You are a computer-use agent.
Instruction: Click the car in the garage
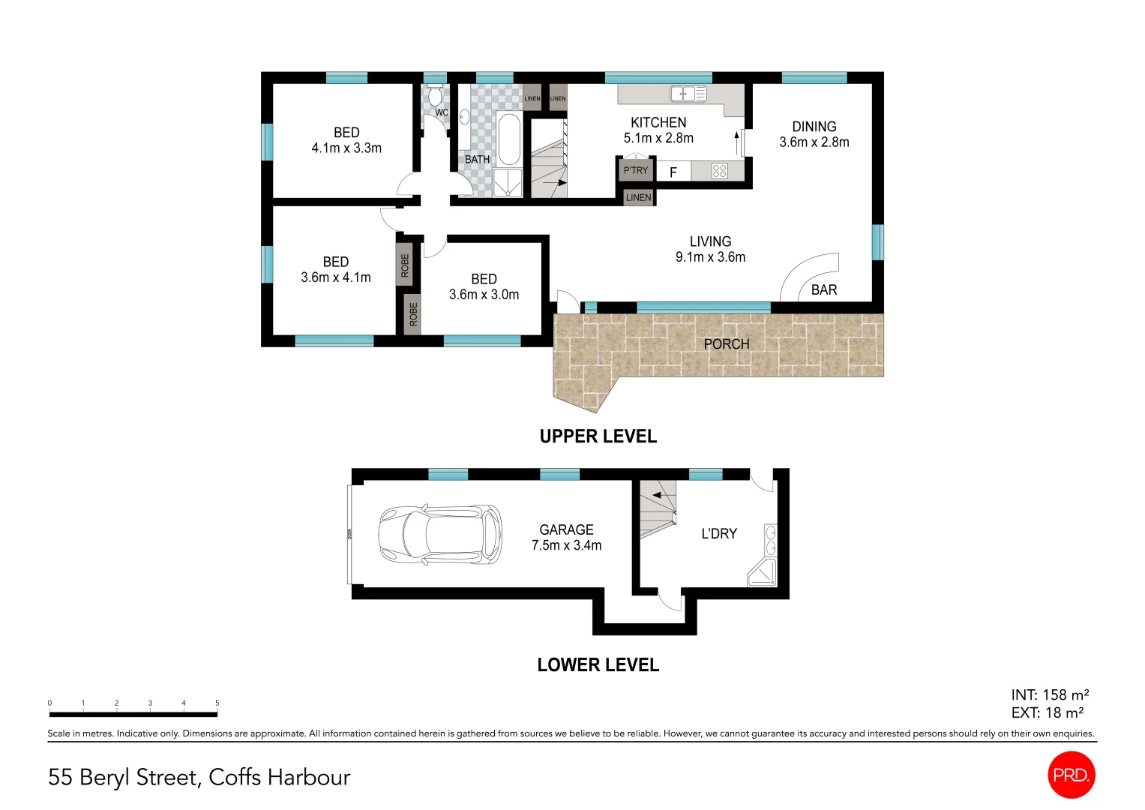pyautogui.click(x=439, y=535)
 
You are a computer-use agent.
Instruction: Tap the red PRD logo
pyautogui.click(x=1071, y=775)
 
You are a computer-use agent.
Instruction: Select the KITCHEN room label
pyautogui.click(x=658, y=122)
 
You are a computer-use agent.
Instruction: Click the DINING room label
pyautogui.click(x=814, y=127)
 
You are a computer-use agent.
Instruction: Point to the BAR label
pyautogui.click(x=823, y=290)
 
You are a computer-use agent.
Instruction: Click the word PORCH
pyautogui.click(x=726, y=344)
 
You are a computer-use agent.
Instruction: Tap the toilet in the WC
pyautogui.click(x=435, y=97)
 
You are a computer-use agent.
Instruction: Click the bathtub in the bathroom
pyautogui.click(x=508, y=139)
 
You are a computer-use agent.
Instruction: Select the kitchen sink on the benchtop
pyautogui.click(x=688, y=94)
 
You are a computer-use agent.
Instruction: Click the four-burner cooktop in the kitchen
pyautogui.click(x=719, y=171)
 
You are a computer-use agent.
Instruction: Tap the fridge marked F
pyautogui.click(x=673, y=172)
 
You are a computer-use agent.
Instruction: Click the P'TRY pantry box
pyautogui.click(x=635, y=170)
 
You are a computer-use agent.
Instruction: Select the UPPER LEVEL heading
pyautogui.click(x=598, y=436)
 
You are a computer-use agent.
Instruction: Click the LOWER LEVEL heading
pyautogui.click(x=598, y=665)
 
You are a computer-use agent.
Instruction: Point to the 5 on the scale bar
pyautogui.click(x=217, y=703)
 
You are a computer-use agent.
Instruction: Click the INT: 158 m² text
pyautogui.click(x=1049, y=695)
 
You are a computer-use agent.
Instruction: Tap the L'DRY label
pyautogui.click(x=718, y=534)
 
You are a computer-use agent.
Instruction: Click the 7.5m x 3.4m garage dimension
pyautogui.click(x=566, y=546)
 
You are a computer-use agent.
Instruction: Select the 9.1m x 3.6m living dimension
pyautogui.click(x=710, y=257)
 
